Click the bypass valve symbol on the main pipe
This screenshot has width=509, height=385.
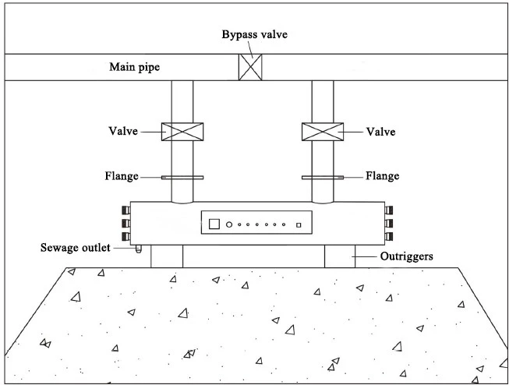(250, 67)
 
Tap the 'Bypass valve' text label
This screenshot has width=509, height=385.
(254, 34)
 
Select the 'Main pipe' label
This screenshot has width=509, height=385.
(134, 67)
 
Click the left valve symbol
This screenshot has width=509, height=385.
(182, 132)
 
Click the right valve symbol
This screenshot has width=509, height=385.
(323, 132)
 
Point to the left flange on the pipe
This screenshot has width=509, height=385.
(182, 178)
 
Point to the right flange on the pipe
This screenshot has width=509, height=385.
(323, 178)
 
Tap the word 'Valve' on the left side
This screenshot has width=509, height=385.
(123, 131)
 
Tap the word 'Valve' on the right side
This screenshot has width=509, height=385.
(381, 132)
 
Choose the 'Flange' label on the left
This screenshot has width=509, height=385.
(122, 176)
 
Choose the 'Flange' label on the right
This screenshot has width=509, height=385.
(383, 176)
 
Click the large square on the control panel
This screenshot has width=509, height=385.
(214, 224)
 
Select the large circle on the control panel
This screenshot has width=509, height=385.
(229, 224)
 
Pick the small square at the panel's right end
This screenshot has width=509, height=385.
(299, 224)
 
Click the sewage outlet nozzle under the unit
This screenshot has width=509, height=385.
(139, 249)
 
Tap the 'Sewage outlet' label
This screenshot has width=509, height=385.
(76, 248)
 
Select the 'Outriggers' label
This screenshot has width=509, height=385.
(406, 256)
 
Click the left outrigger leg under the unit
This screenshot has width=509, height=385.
(167, 256)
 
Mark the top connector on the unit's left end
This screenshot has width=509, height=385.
(126, 210)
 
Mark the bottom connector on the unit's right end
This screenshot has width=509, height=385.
(389, 236)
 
